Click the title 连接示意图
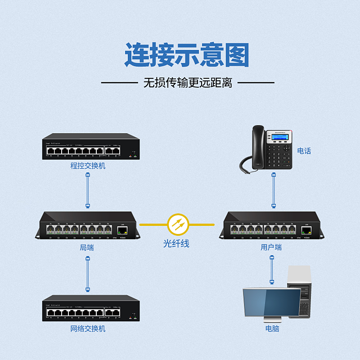(186, 55)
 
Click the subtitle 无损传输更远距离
(187, 83)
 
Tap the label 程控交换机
(88, 166)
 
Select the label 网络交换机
(88, 328)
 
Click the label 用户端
(271, 247)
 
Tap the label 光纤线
(176, 244)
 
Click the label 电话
(304, 151)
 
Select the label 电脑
(272, 328)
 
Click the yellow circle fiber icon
(178, 224)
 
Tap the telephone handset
(258, 146)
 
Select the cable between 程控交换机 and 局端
(88, 191)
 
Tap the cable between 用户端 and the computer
(272, 270)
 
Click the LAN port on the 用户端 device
(306, 231)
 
